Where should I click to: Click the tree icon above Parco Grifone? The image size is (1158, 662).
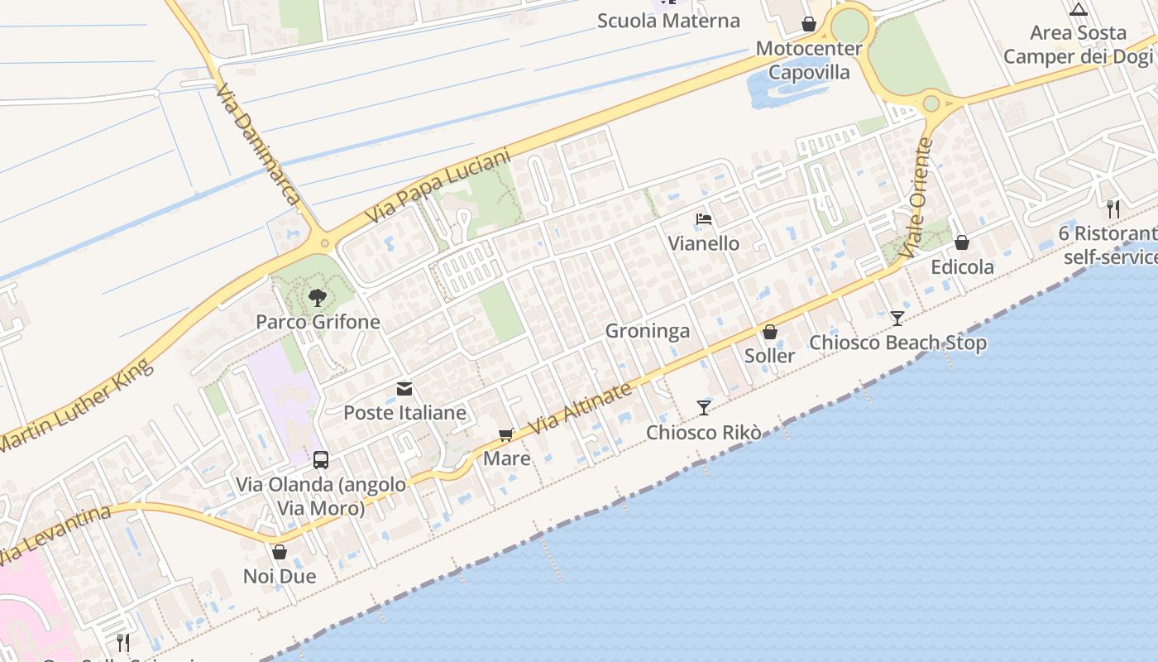coord(317,298)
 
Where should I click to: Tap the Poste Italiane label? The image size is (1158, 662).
coord(404,412)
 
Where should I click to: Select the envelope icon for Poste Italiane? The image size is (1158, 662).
coord(404,389)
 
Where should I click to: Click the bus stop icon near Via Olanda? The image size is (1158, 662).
coord(321,460)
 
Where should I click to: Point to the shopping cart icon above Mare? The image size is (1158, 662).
coord(506,435)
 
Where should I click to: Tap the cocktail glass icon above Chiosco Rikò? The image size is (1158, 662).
coord(703,407)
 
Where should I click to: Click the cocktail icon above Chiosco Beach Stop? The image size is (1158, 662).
coord(897,318)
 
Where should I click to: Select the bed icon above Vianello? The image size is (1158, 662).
coord(704,219)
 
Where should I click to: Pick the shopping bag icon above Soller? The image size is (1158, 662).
coord(770,332)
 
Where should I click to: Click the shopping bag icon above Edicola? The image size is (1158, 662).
coord(962,242)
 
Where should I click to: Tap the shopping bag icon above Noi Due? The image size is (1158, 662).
coord(280,552)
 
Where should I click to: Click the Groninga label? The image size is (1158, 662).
coord(648,331)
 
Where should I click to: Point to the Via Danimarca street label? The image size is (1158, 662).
coord(256,142)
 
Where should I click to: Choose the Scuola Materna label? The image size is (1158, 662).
coord(668,21)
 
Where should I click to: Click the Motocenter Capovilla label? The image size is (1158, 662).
coord(809,60)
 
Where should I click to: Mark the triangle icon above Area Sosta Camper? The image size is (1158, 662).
coord(1078,10)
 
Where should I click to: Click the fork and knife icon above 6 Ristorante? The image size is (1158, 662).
coord(1113,209)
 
